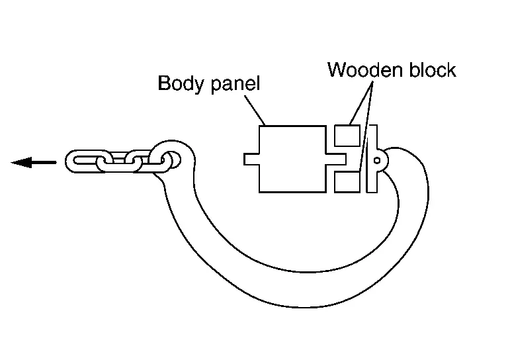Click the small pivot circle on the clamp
pyautogui.click(x=377, y=159)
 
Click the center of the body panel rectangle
pyautogui.click(x=291, y=159)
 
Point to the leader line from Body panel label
pyautogui.click(x=255, y=109)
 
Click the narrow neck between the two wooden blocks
pyautogui.click(x=344, y=159)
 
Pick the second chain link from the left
pyautogui.click(x=112, y=161)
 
